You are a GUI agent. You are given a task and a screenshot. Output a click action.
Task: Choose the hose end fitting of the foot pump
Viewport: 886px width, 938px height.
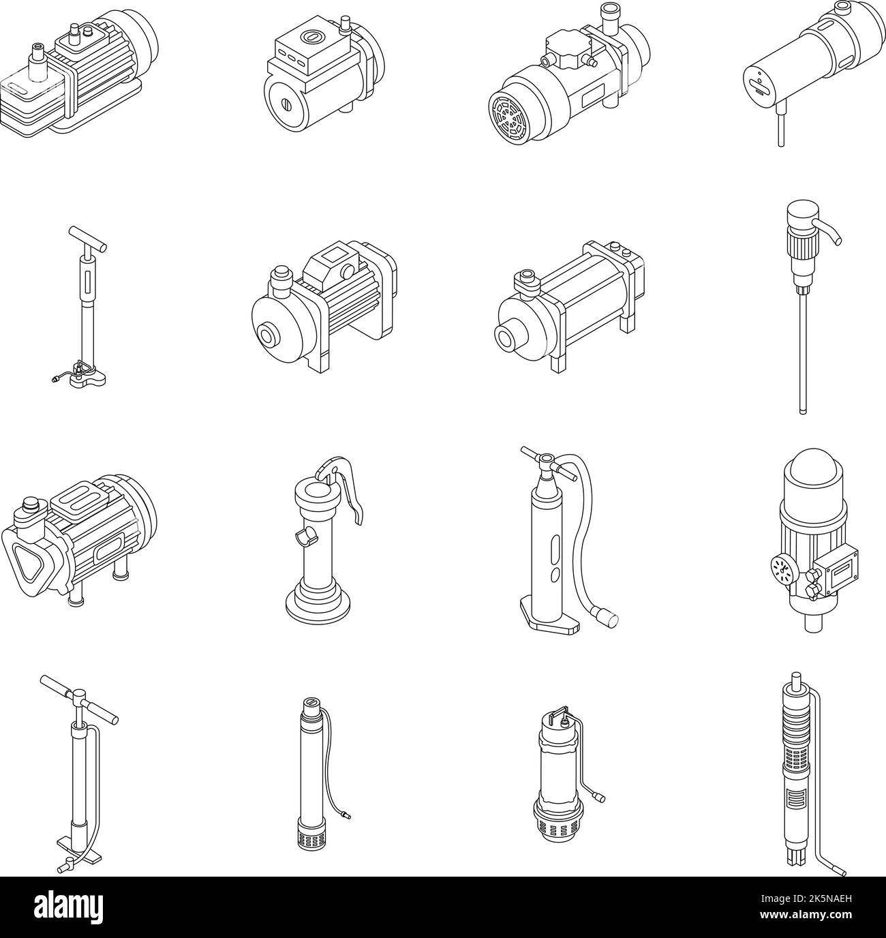[605, 618]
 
